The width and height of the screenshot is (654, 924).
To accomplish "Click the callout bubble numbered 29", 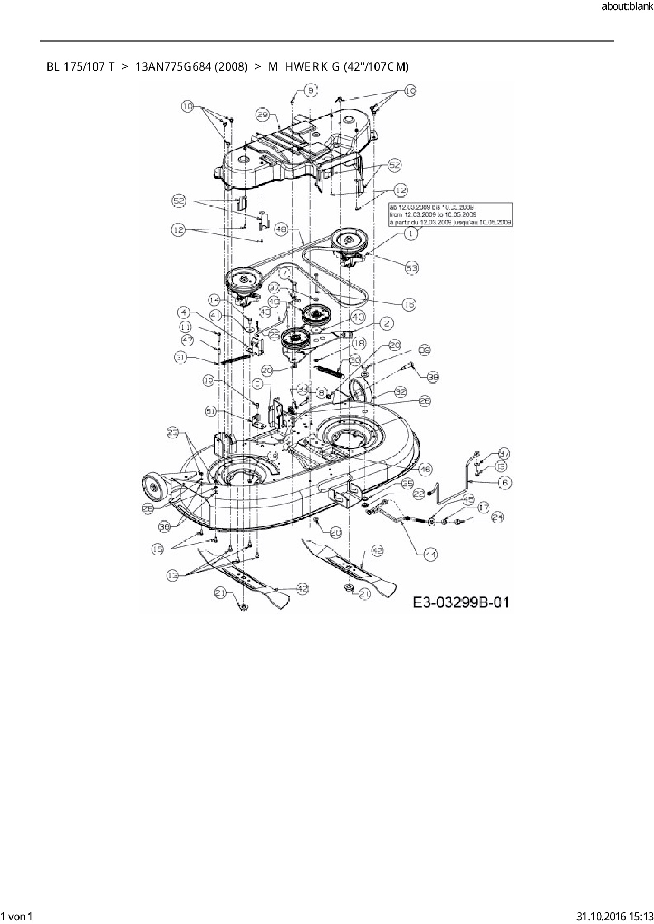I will click(263, 114).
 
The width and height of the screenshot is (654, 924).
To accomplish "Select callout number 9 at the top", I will click(311, 91).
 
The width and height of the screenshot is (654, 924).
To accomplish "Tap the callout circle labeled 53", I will click(411, 268).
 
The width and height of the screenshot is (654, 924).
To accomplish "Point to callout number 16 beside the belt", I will click(409, 304).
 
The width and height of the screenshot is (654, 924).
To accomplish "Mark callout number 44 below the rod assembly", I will click(430, 554).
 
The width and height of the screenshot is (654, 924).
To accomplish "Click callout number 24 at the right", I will click(497, 517).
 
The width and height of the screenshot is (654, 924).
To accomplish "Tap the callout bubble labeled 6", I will click(505, 482).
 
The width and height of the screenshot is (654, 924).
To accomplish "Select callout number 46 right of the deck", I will click(425, 468).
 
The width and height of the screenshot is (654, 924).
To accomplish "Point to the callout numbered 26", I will click(425, 401).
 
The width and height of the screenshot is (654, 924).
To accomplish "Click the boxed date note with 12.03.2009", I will click(450, 215).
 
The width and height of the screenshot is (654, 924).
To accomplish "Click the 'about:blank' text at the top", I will click(627, 7).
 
